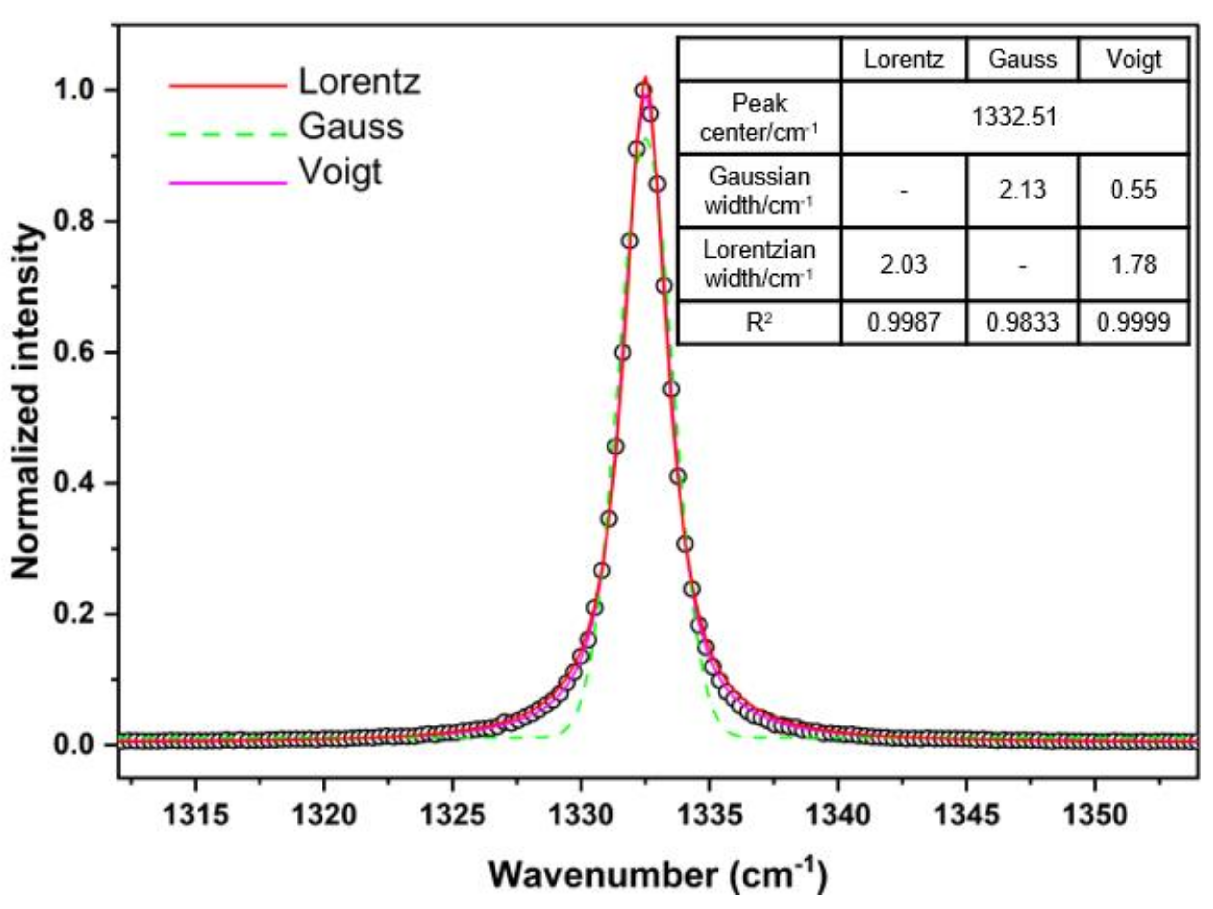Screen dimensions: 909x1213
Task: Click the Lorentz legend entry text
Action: (x=359, y=82)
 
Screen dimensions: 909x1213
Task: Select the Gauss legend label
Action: (x=351, y=127)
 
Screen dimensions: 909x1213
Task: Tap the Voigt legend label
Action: (x=340, y=172)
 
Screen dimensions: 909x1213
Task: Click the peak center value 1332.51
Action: (x=1014, y=117)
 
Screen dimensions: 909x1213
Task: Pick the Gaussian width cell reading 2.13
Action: (x=1022, y=190)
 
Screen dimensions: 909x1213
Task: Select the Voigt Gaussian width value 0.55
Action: (x=1134, y=190)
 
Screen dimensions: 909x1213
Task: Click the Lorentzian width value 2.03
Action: (x=903, y=265)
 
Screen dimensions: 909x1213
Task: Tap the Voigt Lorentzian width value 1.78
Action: (x=1134, y=265)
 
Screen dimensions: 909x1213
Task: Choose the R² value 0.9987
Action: (x=903, y=322)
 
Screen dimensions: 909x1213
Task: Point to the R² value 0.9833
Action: (x=1022, y=322)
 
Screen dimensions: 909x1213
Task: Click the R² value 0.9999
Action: (x=1134, y=322)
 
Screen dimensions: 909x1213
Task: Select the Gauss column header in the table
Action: (x=1022, y=59)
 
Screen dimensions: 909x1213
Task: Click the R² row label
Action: (x=759, y=322)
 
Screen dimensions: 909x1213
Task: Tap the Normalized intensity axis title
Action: (x=26, y=400)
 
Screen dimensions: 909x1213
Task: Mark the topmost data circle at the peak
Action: (x=644, y=90)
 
